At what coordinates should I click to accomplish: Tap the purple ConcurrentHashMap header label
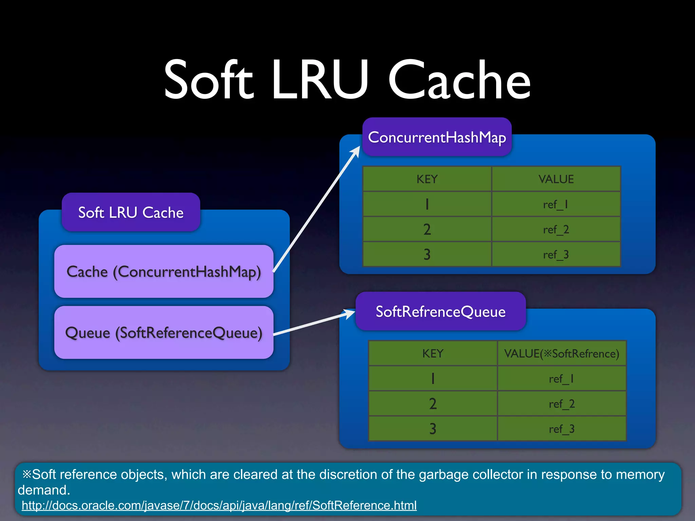click(x=437, y=137)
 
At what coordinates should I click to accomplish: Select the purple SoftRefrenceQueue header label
click(x=440, y=311)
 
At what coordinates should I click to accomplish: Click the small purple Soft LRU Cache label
click(x=131, y=213)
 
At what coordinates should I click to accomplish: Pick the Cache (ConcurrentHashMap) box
click(x=164, y=271)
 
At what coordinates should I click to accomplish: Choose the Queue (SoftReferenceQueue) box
click(x=164, y=332)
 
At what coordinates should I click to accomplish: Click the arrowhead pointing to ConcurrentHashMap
click(x=356, y=151)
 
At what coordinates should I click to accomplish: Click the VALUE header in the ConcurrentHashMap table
click(x=556, y=179)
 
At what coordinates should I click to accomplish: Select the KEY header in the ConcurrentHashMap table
click(x=427, y=179)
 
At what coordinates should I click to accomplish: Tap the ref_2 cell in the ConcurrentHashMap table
click(x=556, y=230)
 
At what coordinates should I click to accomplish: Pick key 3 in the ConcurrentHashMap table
click(x=427, y=254)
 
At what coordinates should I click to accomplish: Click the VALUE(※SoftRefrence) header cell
click(x=562, y=353)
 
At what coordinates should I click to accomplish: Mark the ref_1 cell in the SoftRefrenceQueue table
click(x=562, y=379)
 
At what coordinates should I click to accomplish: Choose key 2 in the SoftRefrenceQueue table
click(x=433, y=404)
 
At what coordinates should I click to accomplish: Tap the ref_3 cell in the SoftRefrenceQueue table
click(x=562, y=429)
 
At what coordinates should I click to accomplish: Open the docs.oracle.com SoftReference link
click(x=219, y=505)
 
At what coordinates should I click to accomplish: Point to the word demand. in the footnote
click(x=44, y=490)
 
